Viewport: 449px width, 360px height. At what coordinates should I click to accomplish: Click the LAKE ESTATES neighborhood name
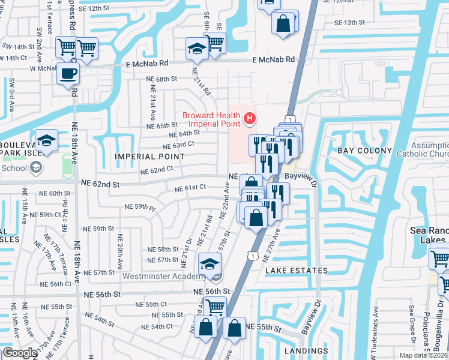click(x=297, y=271)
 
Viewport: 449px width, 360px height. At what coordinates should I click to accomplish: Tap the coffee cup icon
click(x=67, y=74)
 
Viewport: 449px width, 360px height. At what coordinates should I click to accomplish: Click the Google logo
click(x=20, y=353)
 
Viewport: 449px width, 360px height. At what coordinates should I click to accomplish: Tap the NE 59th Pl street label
click(x=140, y=207)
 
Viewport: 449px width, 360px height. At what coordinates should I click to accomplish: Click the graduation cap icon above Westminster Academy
click(x=210, y=263)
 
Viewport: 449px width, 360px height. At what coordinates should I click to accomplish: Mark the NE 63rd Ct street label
click(x=178, y=145)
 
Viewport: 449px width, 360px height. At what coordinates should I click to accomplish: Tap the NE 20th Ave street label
click(x=119, y=251)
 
